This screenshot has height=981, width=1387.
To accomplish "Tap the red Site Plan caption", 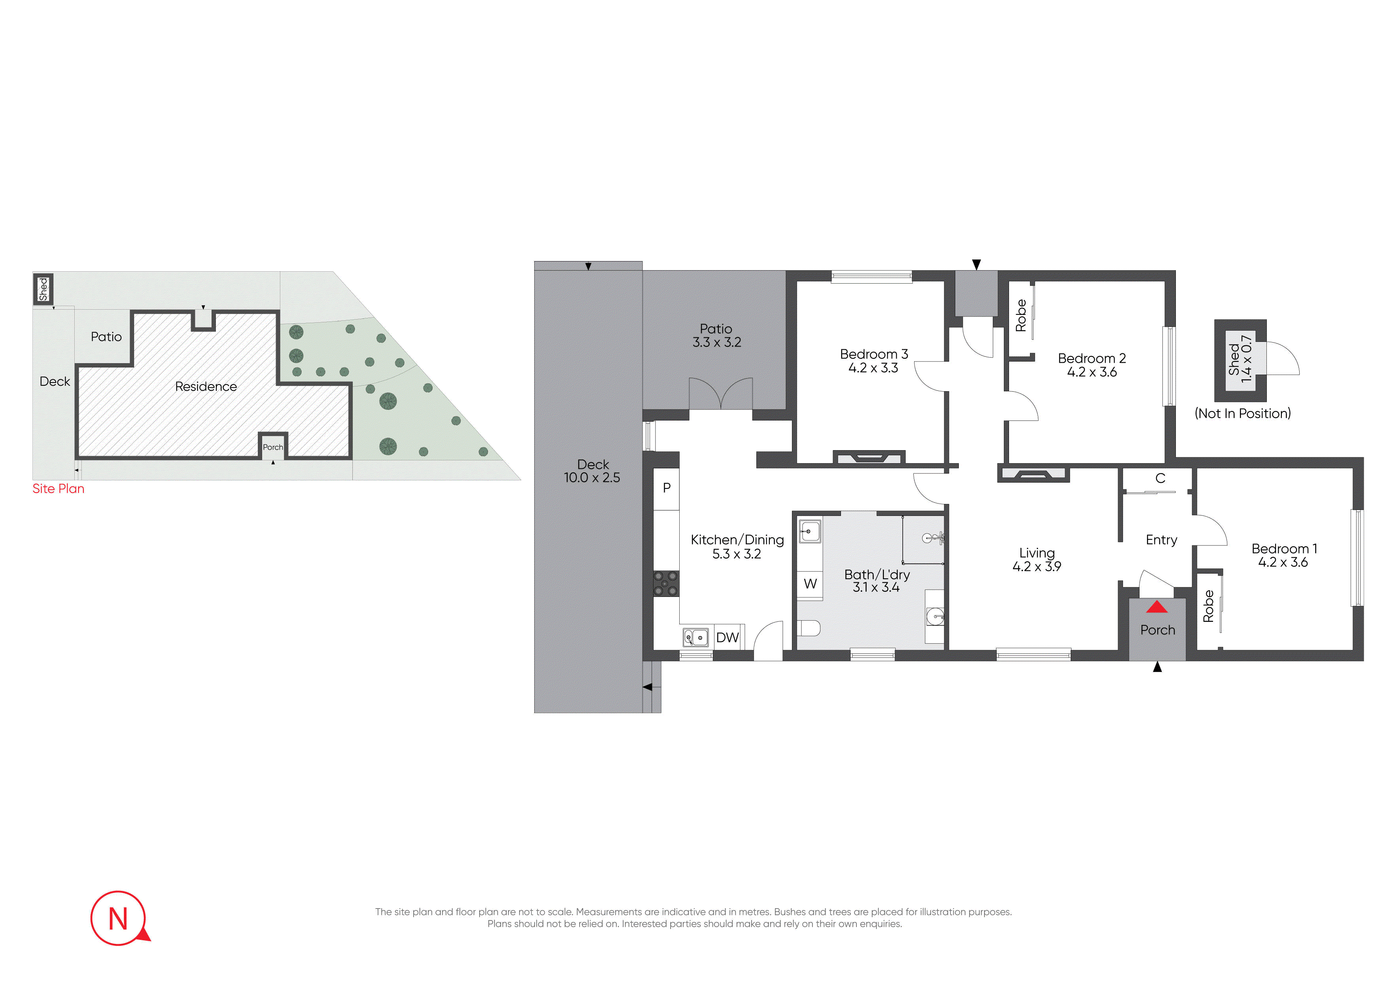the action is (59, 489).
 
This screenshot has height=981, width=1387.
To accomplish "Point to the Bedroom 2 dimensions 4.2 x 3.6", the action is (1092, 372).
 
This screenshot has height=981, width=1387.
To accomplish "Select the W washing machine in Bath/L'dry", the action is (810, 584).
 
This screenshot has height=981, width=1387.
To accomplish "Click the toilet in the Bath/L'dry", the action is (808, 629).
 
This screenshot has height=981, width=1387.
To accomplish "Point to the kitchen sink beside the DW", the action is (696, 637).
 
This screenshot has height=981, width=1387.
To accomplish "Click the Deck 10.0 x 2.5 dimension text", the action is (592, 477).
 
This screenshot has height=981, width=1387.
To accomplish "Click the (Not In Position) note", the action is (1243, 413).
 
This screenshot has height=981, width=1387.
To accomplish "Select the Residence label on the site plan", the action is (206, 386).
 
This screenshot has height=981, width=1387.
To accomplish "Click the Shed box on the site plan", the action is (43, 289).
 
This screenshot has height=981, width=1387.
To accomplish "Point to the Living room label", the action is (1037, 553).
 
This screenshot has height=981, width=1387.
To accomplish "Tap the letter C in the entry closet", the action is (1160, 478).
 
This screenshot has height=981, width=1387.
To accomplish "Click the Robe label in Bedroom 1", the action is (1208, 606).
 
